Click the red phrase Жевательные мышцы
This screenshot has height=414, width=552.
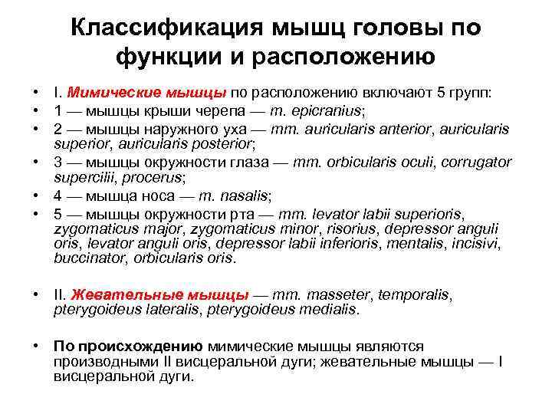click(159, 294)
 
